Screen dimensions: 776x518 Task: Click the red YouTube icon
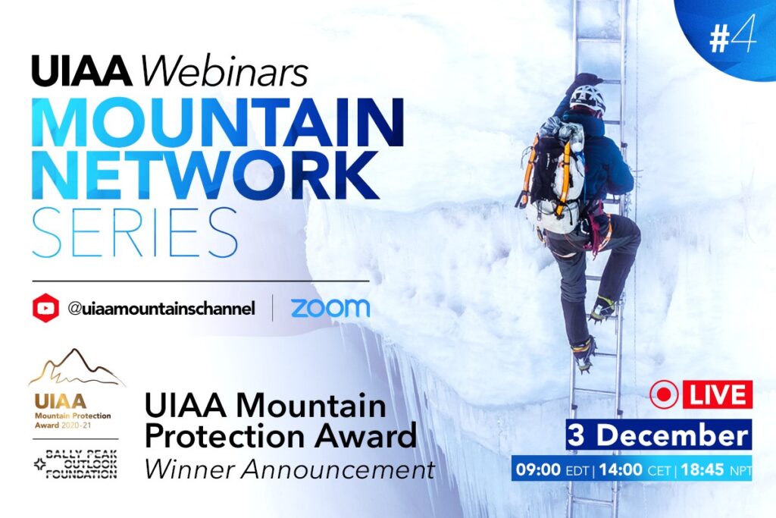pyautogui.click(x=45, y=308)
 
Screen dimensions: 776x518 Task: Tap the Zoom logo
pyautogui.click(x=330, y=307)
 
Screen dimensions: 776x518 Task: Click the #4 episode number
pyautogui.click(x=733, y=34)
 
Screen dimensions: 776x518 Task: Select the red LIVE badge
pyautogui.click(x=718, y=394)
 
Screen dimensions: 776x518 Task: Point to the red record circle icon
pyautogui.click(x=664, y=394)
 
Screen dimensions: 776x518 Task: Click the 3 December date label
pyautogui.click(x=659, y=435)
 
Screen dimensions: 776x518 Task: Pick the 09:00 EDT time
pyautogui.click(x=552, y=469)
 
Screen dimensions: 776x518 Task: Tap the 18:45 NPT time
pyautogui.click(x=716, y=469)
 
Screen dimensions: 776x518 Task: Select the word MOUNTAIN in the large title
pyautogui.click(x=217, y=122)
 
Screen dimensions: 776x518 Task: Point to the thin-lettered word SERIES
pyautogui.click(x=135, y=233)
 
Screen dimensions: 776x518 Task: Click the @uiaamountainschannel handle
pyautogui.click(x=161, y=308)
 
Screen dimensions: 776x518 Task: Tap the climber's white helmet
pyautogui.click(x=588, y=98)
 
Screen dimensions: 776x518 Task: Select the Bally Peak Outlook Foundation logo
pyautogui.click(x=76, y=464)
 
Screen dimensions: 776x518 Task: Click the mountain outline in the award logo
pyautogui.click(x=77, y=368)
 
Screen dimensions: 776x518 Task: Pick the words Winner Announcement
pyautogui.click(x=289, y=469)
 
